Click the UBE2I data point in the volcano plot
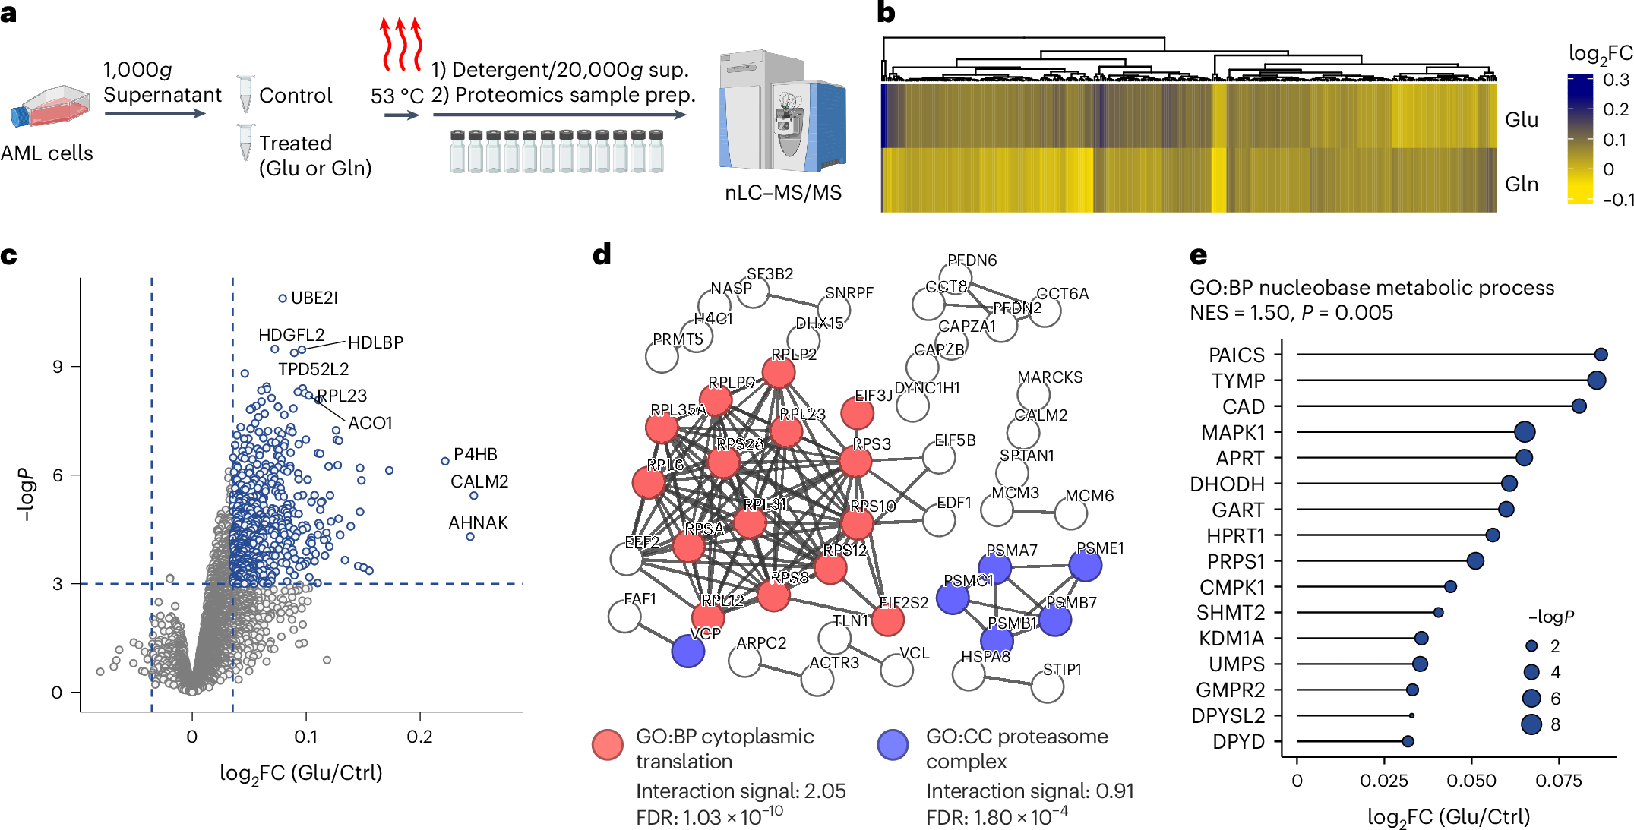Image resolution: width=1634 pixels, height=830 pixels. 283,298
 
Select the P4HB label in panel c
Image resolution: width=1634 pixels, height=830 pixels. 475,454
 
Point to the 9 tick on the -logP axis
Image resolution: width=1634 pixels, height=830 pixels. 57,367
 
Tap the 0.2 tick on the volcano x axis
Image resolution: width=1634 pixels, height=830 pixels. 419,736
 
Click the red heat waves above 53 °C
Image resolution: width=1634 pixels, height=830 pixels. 400,44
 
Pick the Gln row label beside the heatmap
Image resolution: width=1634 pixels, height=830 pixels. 1521,185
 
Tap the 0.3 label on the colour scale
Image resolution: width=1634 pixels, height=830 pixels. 1616,80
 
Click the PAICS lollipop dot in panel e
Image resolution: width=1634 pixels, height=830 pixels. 1601,355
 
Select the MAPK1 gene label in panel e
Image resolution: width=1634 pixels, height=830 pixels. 1232,433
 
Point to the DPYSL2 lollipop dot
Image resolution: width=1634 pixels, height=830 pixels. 1411,715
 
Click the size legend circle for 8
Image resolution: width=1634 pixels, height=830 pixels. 1531,724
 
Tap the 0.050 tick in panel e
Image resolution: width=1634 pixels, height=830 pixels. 1471,780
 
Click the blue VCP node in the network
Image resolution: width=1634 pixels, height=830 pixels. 688,651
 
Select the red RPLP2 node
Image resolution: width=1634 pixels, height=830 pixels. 779,372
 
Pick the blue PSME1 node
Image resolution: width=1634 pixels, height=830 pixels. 1085,566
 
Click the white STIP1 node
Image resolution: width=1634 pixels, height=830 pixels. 1048,687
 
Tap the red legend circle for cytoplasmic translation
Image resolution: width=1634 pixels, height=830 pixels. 608,745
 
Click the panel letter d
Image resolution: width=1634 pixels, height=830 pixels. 602,254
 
